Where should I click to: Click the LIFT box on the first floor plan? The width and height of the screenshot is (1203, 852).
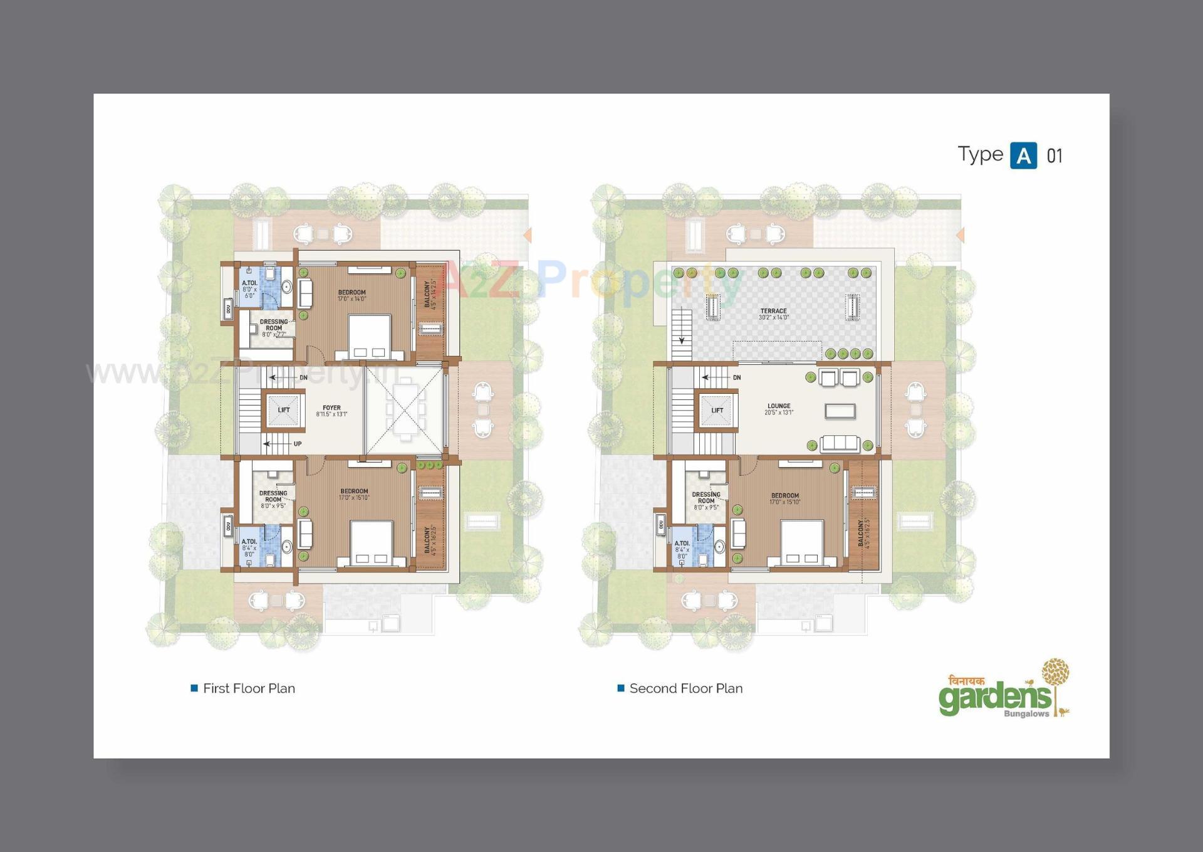pyautogui.click(x=283, y=410)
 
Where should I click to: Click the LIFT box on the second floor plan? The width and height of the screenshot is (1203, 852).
pyautogui.click(x=717, y=411)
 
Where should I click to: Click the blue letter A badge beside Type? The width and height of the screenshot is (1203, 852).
pyautogui.click(x=1023, y=155)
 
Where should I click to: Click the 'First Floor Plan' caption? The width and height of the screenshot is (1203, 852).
pyautogui.click(x=249, y=688)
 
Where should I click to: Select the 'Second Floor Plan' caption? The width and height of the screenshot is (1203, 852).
pyautogui.click(x=685, y=688)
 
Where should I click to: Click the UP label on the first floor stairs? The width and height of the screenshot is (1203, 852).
pyautogui.click(x=298, y=444)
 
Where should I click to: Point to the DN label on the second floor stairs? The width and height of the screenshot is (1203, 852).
pyautogui.click(x=737, y=377)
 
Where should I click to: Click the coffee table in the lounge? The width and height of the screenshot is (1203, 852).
pyautogui.click(x=840, y=411)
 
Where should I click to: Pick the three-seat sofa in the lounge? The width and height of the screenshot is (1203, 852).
pyautogui.click(x=840, y=443)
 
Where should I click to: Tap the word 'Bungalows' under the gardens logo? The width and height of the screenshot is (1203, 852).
pyautogui.click(x=1026, y=714)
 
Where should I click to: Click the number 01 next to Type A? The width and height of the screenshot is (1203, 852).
pyautogui.click(x=1055, y=156)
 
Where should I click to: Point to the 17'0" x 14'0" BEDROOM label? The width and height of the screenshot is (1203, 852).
pyautogui.click(x=352, y=295)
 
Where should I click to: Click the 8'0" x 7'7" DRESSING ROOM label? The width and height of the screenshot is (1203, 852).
pyautogui.click(x=274, y=328)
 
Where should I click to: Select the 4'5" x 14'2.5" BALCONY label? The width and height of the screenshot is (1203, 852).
pyautogui.click(x=430, y=294)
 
